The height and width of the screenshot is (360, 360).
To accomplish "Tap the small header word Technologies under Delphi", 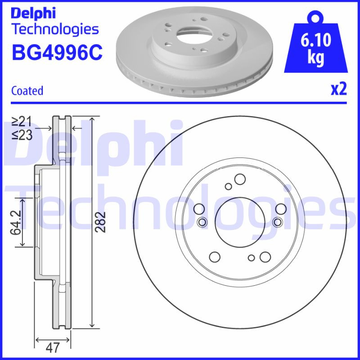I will [x=55, y=29].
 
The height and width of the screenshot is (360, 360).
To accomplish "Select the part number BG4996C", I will [x=57, y=53].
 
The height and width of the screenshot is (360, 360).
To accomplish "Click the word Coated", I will [x=27, y=90].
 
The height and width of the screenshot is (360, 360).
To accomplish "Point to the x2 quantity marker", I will [x=339, y=89].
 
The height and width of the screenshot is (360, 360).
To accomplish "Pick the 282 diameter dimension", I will [x=102, y=221].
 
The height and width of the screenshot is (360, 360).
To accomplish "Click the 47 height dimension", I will [x=53, y=348].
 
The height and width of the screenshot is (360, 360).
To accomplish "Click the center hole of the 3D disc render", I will [x=191, y=33].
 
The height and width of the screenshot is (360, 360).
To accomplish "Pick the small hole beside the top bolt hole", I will [x=229, y=186].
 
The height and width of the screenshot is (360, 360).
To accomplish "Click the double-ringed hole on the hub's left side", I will [x=202, y=221].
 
